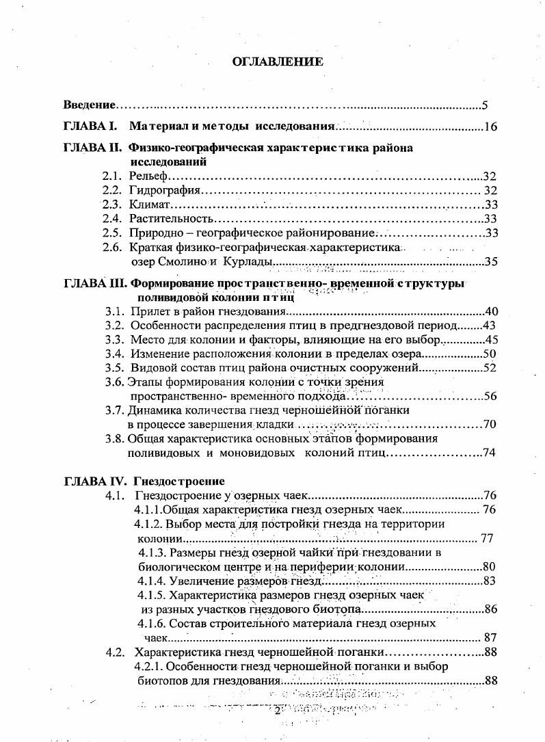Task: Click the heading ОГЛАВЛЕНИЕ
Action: coord(278,62)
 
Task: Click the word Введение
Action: coord(89,105)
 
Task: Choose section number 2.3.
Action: coord(112,205)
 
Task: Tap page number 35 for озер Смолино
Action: coord(490,262)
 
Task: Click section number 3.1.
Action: coord(115,312)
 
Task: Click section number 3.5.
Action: coord(115,368)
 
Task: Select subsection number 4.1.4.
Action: coord(150,581)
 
